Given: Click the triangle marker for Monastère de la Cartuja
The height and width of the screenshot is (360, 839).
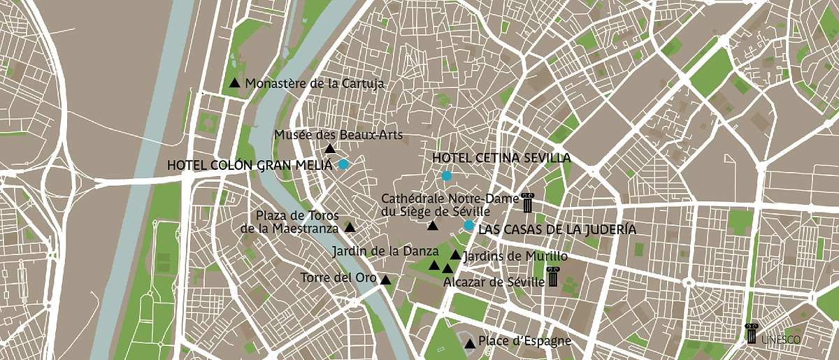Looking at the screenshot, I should tap(235, 83).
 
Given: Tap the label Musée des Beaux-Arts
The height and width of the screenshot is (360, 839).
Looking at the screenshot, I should tap(338, 135).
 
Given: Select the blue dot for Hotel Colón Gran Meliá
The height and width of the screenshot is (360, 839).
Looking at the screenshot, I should tap(343, 165).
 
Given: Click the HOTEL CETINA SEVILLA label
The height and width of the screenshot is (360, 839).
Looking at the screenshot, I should tap(501, 158).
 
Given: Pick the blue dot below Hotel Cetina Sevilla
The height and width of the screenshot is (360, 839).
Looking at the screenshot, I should tap(446, 175).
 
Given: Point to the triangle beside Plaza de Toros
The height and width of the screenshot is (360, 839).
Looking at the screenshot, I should tap(350, 228).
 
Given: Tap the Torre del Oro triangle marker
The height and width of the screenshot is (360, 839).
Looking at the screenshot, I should tap(385, 280).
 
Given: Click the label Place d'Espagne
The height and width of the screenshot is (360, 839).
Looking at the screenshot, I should tap(524, 342).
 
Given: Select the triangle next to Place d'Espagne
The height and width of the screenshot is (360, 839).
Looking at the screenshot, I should tap(470, 343).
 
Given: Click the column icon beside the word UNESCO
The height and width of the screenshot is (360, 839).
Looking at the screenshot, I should tap(752, 333).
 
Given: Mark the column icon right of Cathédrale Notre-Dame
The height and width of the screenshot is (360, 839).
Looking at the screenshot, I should tap(527, 201).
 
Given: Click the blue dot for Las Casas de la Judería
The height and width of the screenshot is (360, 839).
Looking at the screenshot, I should tap(468, 225).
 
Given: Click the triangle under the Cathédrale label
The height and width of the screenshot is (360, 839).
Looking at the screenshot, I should tap(433, 226).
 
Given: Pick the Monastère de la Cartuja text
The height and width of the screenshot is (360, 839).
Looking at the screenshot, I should tap(315, 83).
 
